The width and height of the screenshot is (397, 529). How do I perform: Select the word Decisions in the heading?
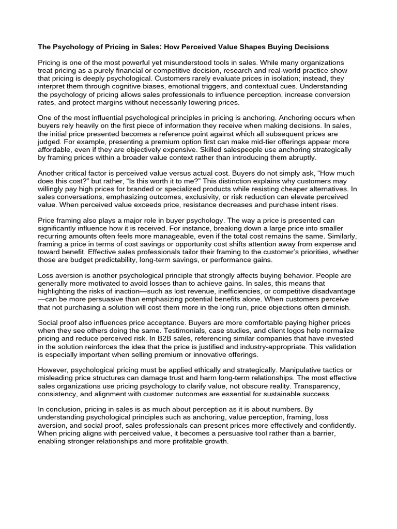[x=307, y=47]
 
